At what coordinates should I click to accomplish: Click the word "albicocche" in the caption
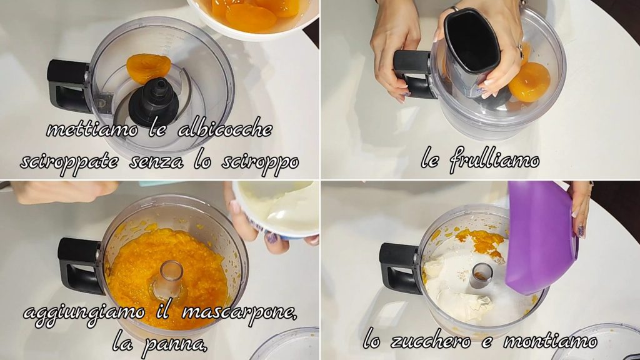point(225,129)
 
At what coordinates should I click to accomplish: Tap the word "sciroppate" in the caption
point(69,162)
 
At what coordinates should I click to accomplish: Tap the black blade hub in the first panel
point(154,103)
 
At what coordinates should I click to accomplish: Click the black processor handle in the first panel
point(68,86)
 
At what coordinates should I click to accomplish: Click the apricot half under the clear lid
point(530,82)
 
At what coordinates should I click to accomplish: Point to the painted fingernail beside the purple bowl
point(580,231)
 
